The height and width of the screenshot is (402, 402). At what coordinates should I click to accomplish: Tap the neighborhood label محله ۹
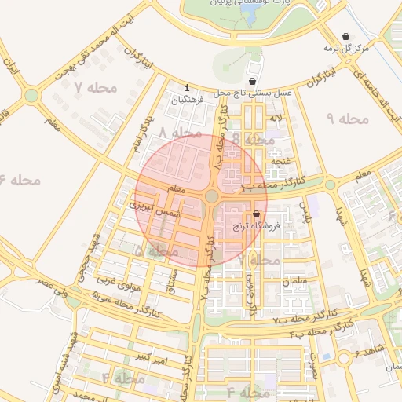tap(346, 119)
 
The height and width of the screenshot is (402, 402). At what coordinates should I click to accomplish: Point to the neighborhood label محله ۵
tap(154, 250)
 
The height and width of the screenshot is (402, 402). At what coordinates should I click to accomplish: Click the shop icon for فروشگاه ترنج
tap(257, 214)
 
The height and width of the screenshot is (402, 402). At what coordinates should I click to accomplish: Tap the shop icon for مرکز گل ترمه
tap(347, 37)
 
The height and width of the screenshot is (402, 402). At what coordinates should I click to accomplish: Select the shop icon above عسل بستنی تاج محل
tap(251, 81)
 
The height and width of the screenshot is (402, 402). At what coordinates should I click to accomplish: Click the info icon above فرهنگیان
tap(187, 88)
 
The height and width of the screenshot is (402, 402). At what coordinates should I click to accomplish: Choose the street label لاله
tap(275, 118)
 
